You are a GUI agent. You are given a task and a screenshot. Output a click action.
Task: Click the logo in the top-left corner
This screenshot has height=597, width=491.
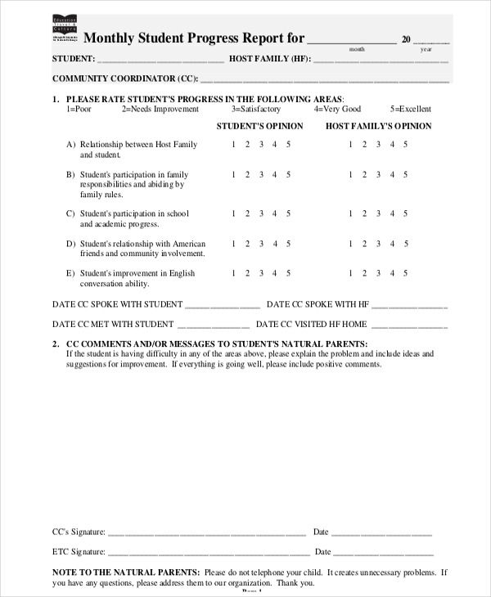65,29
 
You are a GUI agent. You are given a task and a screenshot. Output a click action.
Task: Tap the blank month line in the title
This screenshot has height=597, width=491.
352,41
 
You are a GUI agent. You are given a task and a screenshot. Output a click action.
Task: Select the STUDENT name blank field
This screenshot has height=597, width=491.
160,61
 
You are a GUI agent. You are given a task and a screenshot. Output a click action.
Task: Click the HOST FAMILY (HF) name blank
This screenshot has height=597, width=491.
381,61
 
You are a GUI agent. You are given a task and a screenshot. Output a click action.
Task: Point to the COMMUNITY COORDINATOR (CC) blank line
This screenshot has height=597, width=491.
324,80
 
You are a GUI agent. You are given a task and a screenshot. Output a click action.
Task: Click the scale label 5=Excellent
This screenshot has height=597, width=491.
410,109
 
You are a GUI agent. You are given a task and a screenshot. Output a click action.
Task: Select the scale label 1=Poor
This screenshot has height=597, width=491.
79,109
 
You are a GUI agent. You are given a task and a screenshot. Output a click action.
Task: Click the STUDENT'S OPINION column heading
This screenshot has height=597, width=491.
259,126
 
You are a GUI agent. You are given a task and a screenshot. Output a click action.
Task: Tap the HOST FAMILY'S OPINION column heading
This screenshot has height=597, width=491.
378,126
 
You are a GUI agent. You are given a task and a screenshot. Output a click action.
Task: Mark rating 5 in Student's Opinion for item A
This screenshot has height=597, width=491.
288,145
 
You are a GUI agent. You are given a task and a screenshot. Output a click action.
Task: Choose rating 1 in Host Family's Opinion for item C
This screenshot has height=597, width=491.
351,213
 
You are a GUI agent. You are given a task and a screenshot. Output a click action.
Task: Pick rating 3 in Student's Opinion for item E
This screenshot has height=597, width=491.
261,274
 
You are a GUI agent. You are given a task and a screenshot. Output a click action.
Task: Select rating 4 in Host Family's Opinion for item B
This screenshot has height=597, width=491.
392,174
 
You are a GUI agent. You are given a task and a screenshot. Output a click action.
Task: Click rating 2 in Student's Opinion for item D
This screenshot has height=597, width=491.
247,244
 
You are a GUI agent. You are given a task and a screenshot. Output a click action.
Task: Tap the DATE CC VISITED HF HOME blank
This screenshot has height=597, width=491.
409,325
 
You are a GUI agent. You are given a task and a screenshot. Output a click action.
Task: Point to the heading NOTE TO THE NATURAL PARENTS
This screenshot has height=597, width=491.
126,572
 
